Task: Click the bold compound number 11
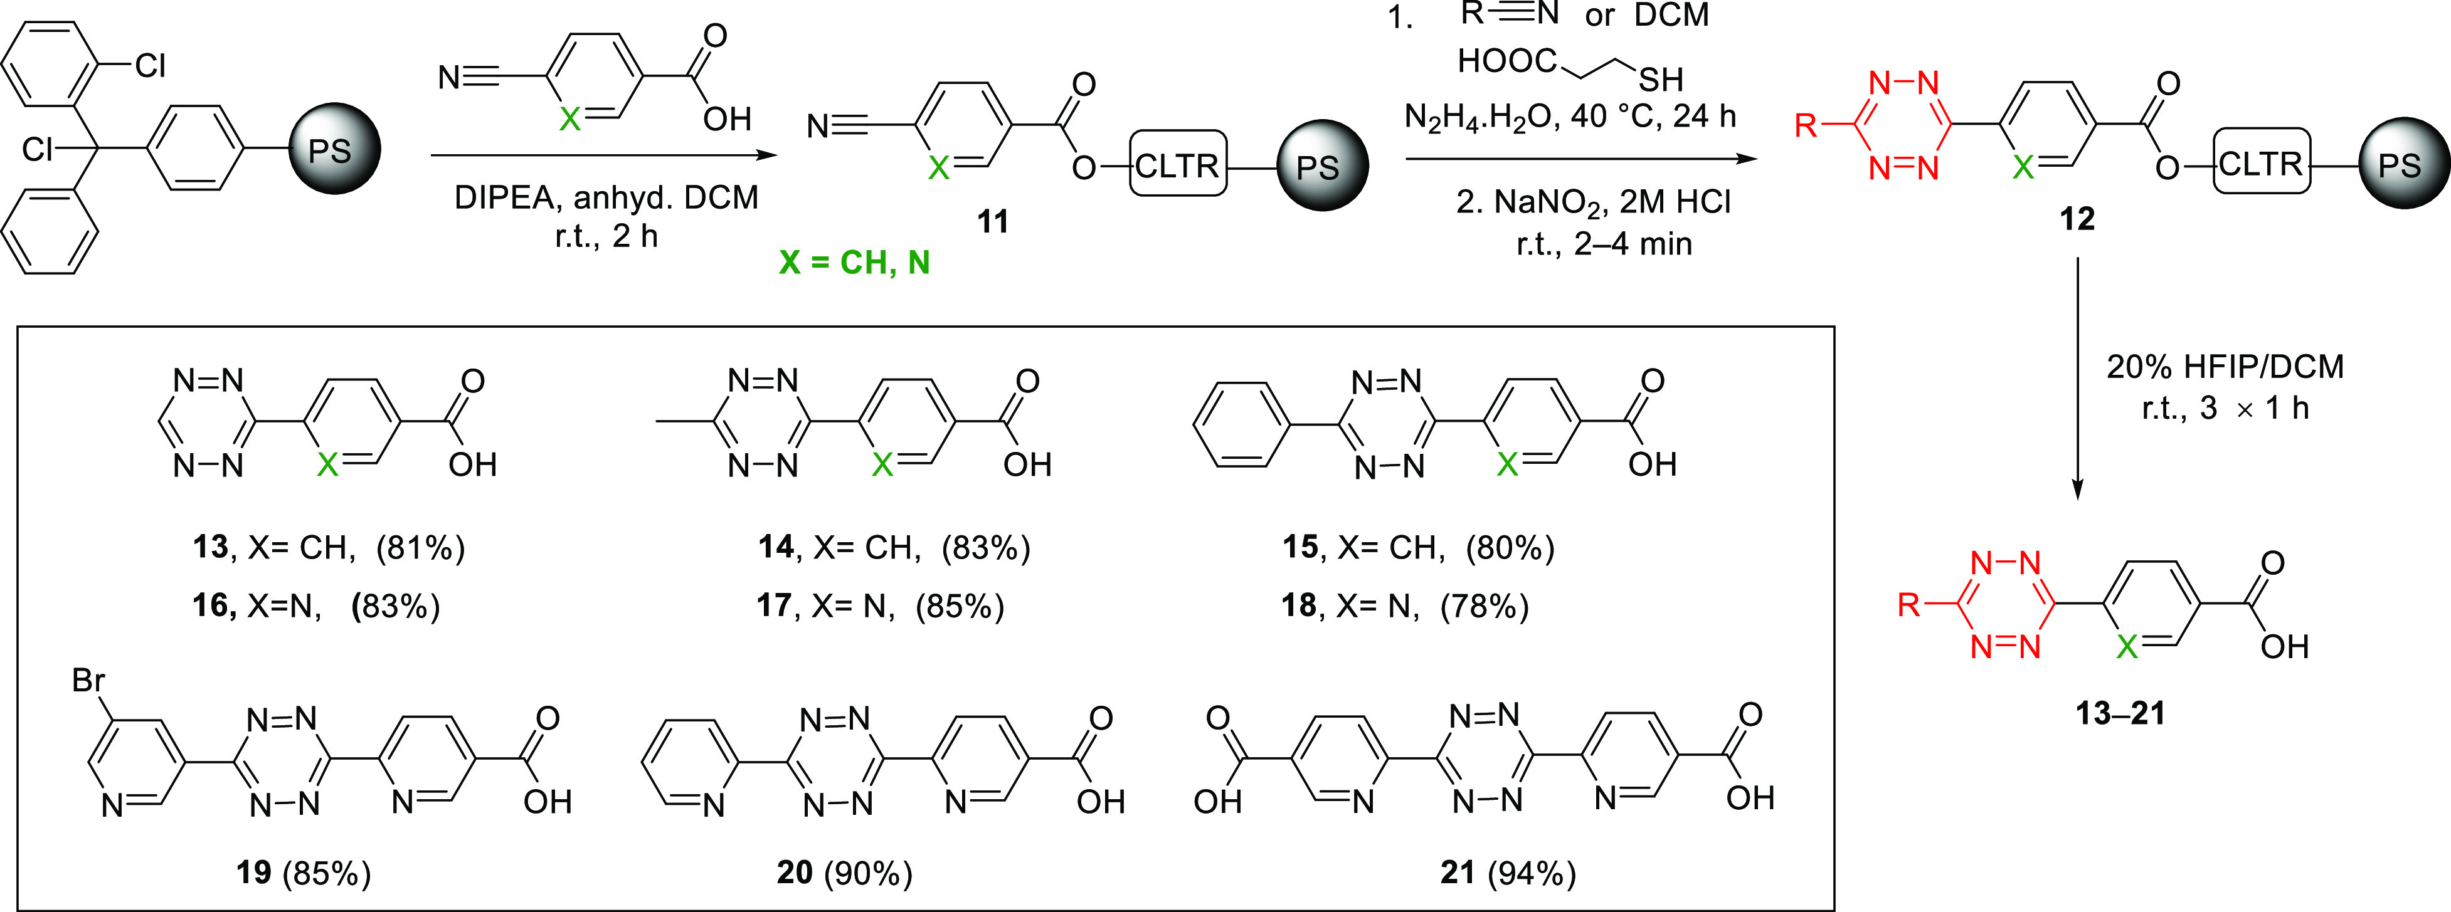[x=992, y=222]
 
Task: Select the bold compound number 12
[x=2077, y=219]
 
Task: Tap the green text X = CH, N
[x=854, y=263]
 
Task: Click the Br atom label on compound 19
[x=88, y=680]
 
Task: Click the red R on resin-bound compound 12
[x=1805, y=125]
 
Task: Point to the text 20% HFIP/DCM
[x=2225, y=366]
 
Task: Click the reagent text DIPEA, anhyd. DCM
[x=606, y=198]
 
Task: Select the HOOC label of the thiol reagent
[x=1506, y=61]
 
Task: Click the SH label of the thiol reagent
[x=1660, y=79]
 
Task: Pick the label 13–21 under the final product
[x=2120, y=712]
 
